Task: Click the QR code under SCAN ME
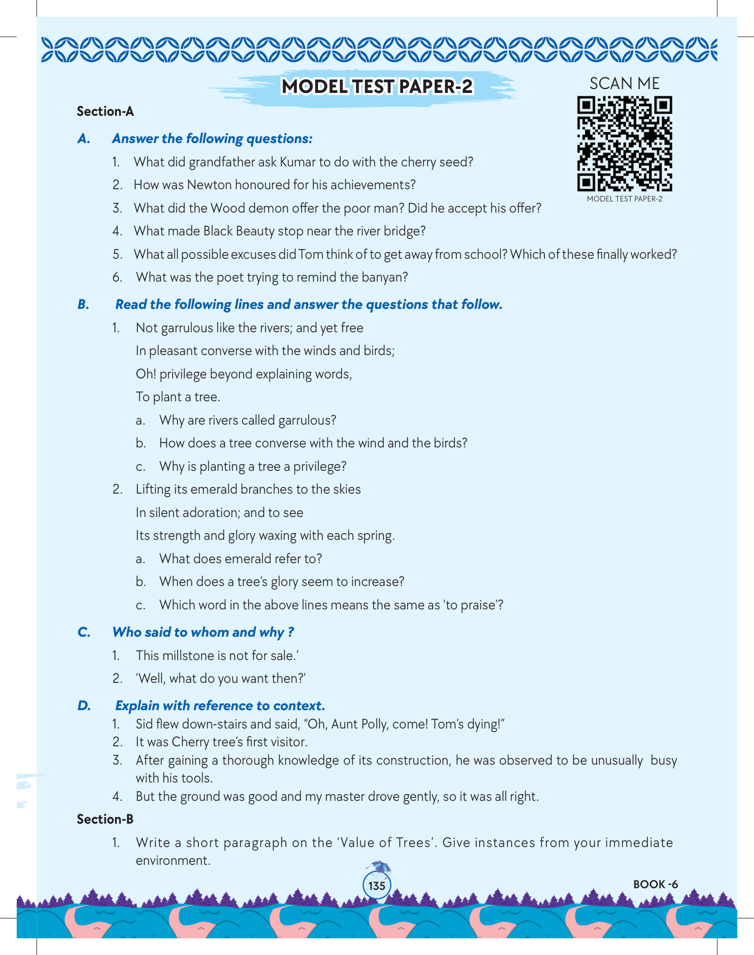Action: point(624,144)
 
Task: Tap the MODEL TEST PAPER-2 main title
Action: point(377,87)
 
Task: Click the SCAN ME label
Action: point(624,83)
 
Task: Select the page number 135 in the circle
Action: point(376,885)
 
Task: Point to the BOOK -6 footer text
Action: point(656,884)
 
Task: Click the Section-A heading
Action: point(105,111)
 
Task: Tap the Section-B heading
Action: point(105,819)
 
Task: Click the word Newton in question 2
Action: point(206,185)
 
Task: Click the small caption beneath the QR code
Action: point(624,199)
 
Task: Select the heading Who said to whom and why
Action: point(203,632)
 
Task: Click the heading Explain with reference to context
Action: point(220,706)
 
